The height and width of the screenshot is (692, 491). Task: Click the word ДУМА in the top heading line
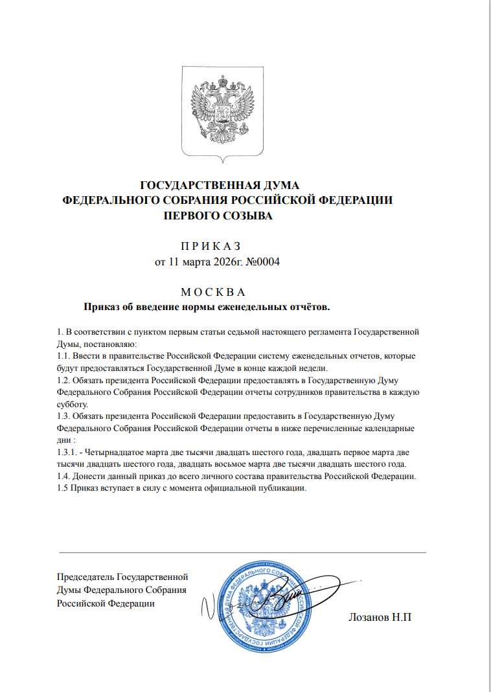pyautogui.click(x=276, y=187)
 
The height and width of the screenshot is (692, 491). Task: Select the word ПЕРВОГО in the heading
pyautogui.click(x=194, y=216)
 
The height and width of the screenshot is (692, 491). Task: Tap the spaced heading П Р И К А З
pyautogui.click(x=209, y=246)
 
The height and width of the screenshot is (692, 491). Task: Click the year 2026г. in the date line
pyautogui.click(x=228, y=262)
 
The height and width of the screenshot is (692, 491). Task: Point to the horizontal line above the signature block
pyautogui.click(x=242, y=552)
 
